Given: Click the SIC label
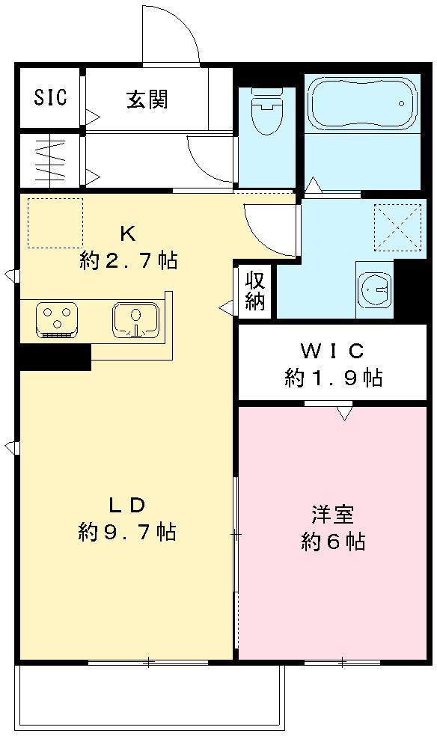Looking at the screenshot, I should pyautogui.click(x=50, y=98).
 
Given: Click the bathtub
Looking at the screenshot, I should pyautogui.click(x=362, y=105).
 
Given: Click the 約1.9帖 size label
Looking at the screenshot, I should pyautogui.click(x=332, y=378).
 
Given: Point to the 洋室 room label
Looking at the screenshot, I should pyautogui.click(x=333, y=515).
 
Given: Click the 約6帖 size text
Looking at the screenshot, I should pyautogui.click(x=333, y=542).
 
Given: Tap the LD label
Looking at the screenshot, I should pyautogui.click(x=126, y=504).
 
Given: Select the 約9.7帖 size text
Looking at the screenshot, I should pyautogui.click(x=126, y=532).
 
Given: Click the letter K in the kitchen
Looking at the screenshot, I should pyautogui.click(x=128, y=233).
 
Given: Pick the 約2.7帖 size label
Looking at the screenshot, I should pyautogui.click(x=128, y=261).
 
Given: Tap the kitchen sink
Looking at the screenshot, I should pyautogui.click(x=135, y=320).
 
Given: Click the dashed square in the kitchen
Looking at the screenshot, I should pyautogui.click(x=55, y=222).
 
